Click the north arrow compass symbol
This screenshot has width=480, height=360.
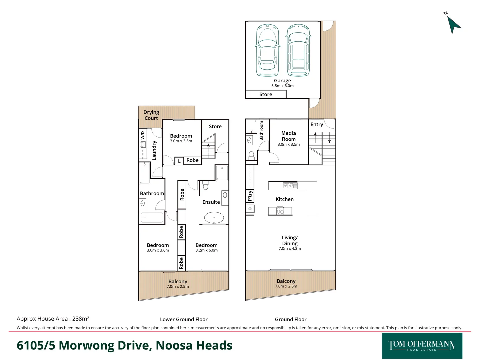coord(453,24)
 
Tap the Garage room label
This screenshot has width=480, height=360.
coord(282,81)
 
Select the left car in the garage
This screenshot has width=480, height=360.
coord(267,50)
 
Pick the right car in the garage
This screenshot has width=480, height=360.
coord(298,50)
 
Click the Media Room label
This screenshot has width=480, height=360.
coord(288,136)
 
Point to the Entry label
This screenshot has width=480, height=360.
coord(317,124)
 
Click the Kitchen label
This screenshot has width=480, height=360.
coord(285,199)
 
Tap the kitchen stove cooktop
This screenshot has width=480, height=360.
coord(280,211)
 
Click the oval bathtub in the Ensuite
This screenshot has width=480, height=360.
coord(214,218)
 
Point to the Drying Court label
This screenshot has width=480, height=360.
coord(151,115)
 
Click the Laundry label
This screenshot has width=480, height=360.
coord(154,150)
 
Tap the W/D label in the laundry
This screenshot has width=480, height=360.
coord(143,135)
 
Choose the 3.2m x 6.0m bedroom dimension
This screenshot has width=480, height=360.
coord(206,250)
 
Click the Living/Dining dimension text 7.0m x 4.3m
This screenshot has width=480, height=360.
coord(290,249)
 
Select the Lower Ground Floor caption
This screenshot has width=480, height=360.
coord(184,319)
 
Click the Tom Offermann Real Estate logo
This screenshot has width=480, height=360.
coord(422,346)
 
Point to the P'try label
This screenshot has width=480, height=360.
coord(250,196)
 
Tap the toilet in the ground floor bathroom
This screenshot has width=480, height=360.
coord(251,156)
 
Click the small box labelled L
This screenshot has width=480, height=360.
coord(179,161)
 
